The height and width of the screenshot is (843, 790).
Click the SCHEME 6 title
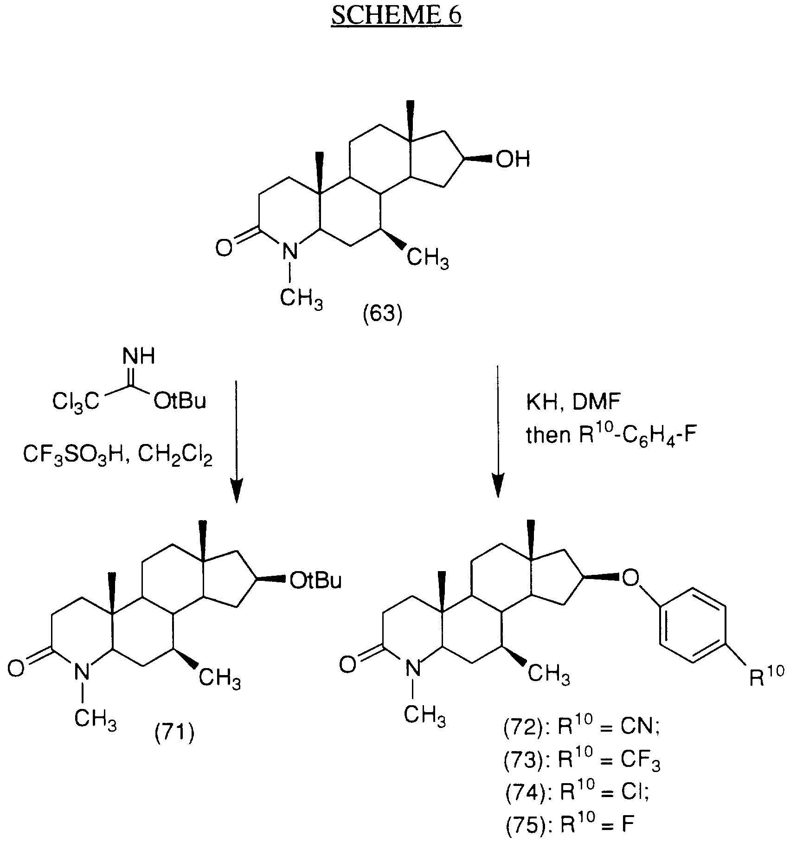click(396, 15)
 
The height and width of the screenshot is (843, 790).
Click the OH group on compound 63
click(512, 160)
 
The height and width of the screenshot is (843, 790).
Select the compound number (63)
click(382, 315)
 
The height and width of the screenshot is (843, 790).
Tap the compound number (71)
click(174, 733)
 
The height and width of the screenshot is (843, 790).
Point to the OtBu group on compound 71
click(315, 581)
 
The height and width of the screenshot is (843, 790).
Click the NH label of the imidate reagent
click(139, 357)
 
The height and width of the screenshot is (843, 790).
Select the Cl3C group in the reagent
click(76, 401)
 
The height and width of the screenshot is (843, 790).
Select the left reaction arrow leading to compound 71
click(237, 441)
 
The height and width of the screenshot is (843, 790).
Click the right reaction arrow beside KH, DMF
click(498, 431)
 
